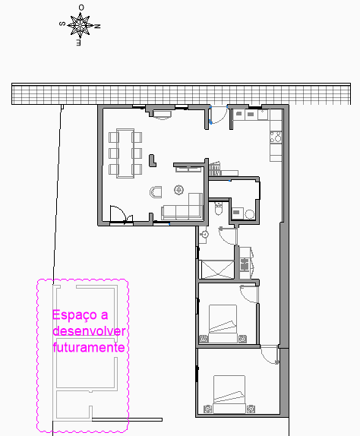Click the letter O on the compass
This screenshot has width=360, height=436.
[x=81, y=8]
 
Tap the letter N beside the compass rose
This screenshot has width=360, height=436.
[x=97, y=27]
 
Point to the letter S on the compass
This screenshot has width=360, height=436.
[x=62, y=24]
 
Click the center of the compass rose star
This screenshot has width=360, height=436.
[x=80, y=26]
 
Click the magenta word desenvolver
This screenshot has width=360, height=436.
[x=89, y=331]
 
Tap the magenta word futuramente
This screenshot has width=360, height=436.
[x=88, y=347]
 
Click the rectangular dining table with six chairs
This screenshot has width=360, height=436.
[x=125, y=153]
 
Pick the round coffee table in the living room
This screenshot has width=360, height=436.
[x=178, y=190]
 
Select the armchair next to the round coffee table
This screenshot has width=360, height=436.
[x=156, y=192]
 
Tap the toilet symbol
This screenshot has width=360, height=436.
[x=219, y=209]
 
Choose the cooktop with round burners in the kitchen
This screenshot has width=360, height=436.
[x=276, y=137]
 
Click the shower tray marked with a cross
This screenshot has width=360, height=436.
[x=217, y=269]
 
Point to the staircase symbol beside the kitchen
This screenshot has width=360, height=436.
[x=215, y=169]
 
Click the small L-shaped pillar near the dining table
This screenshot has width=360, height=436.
[x=153, y=161]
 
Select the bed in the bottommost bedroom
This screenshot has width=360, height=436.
[x=229, y=394]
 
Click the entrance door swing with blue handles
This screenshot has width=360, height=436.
[x=219, y=115]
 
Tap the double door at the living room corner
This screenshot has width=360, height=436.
[x=122, y=215]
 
